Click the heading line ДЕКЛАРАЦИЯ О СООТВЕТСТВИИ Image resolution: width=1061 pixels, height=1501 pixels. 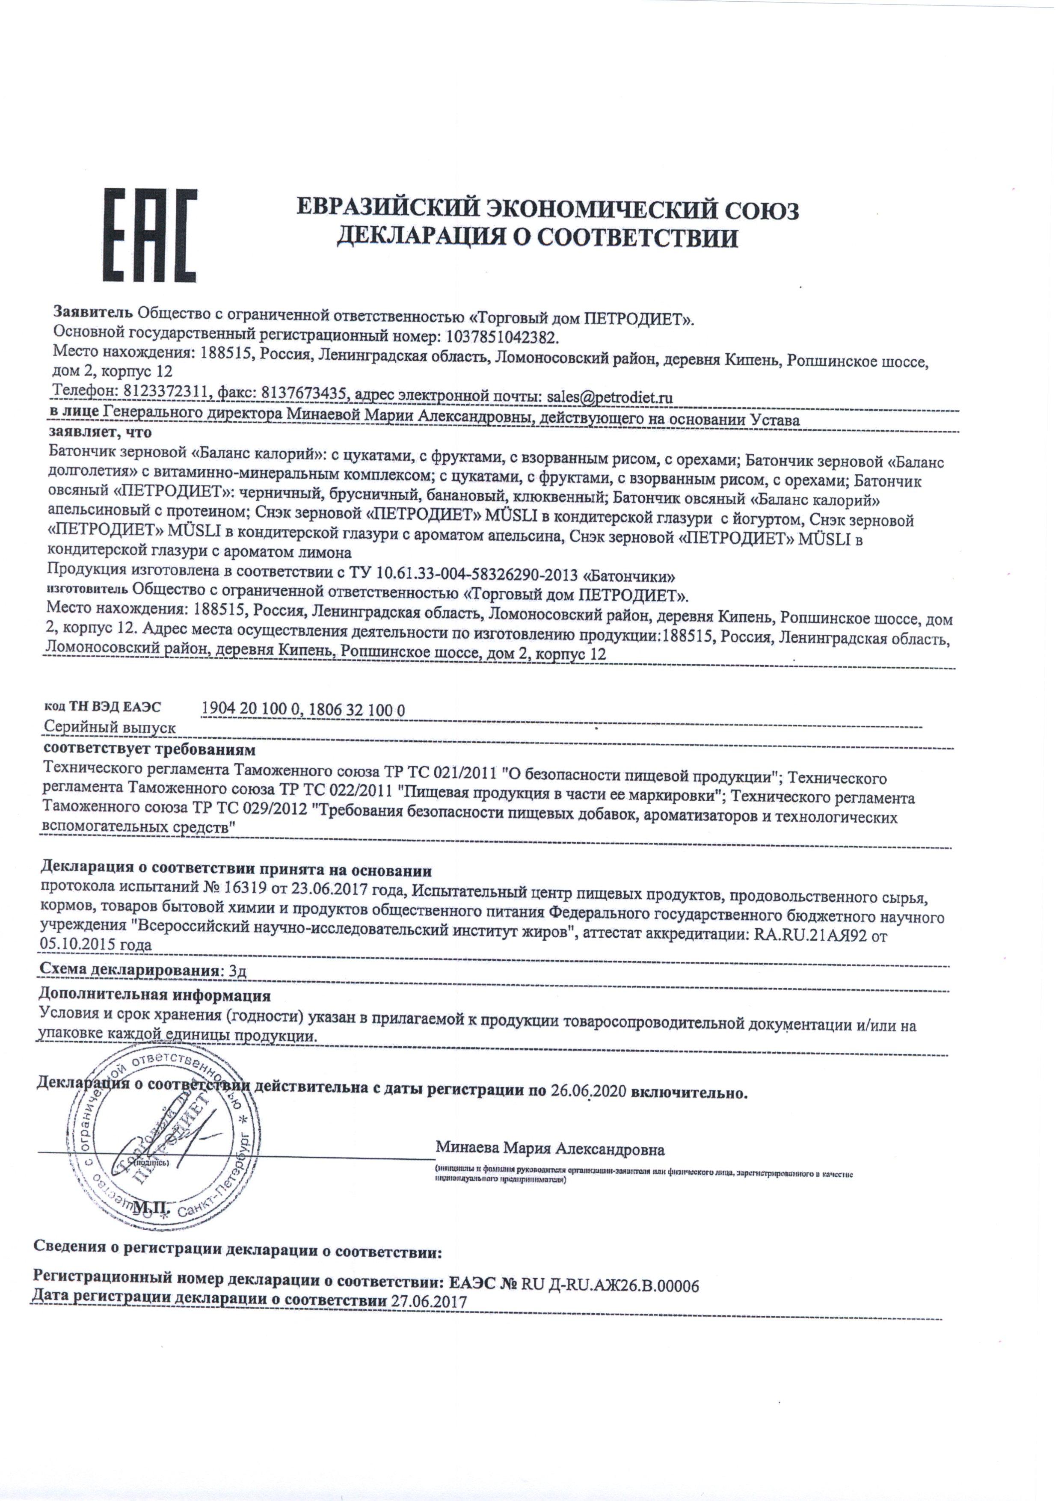click(x=536, y=238)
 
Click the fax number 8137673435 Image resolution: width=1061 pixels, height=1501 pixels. click(x=306, y=395)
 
